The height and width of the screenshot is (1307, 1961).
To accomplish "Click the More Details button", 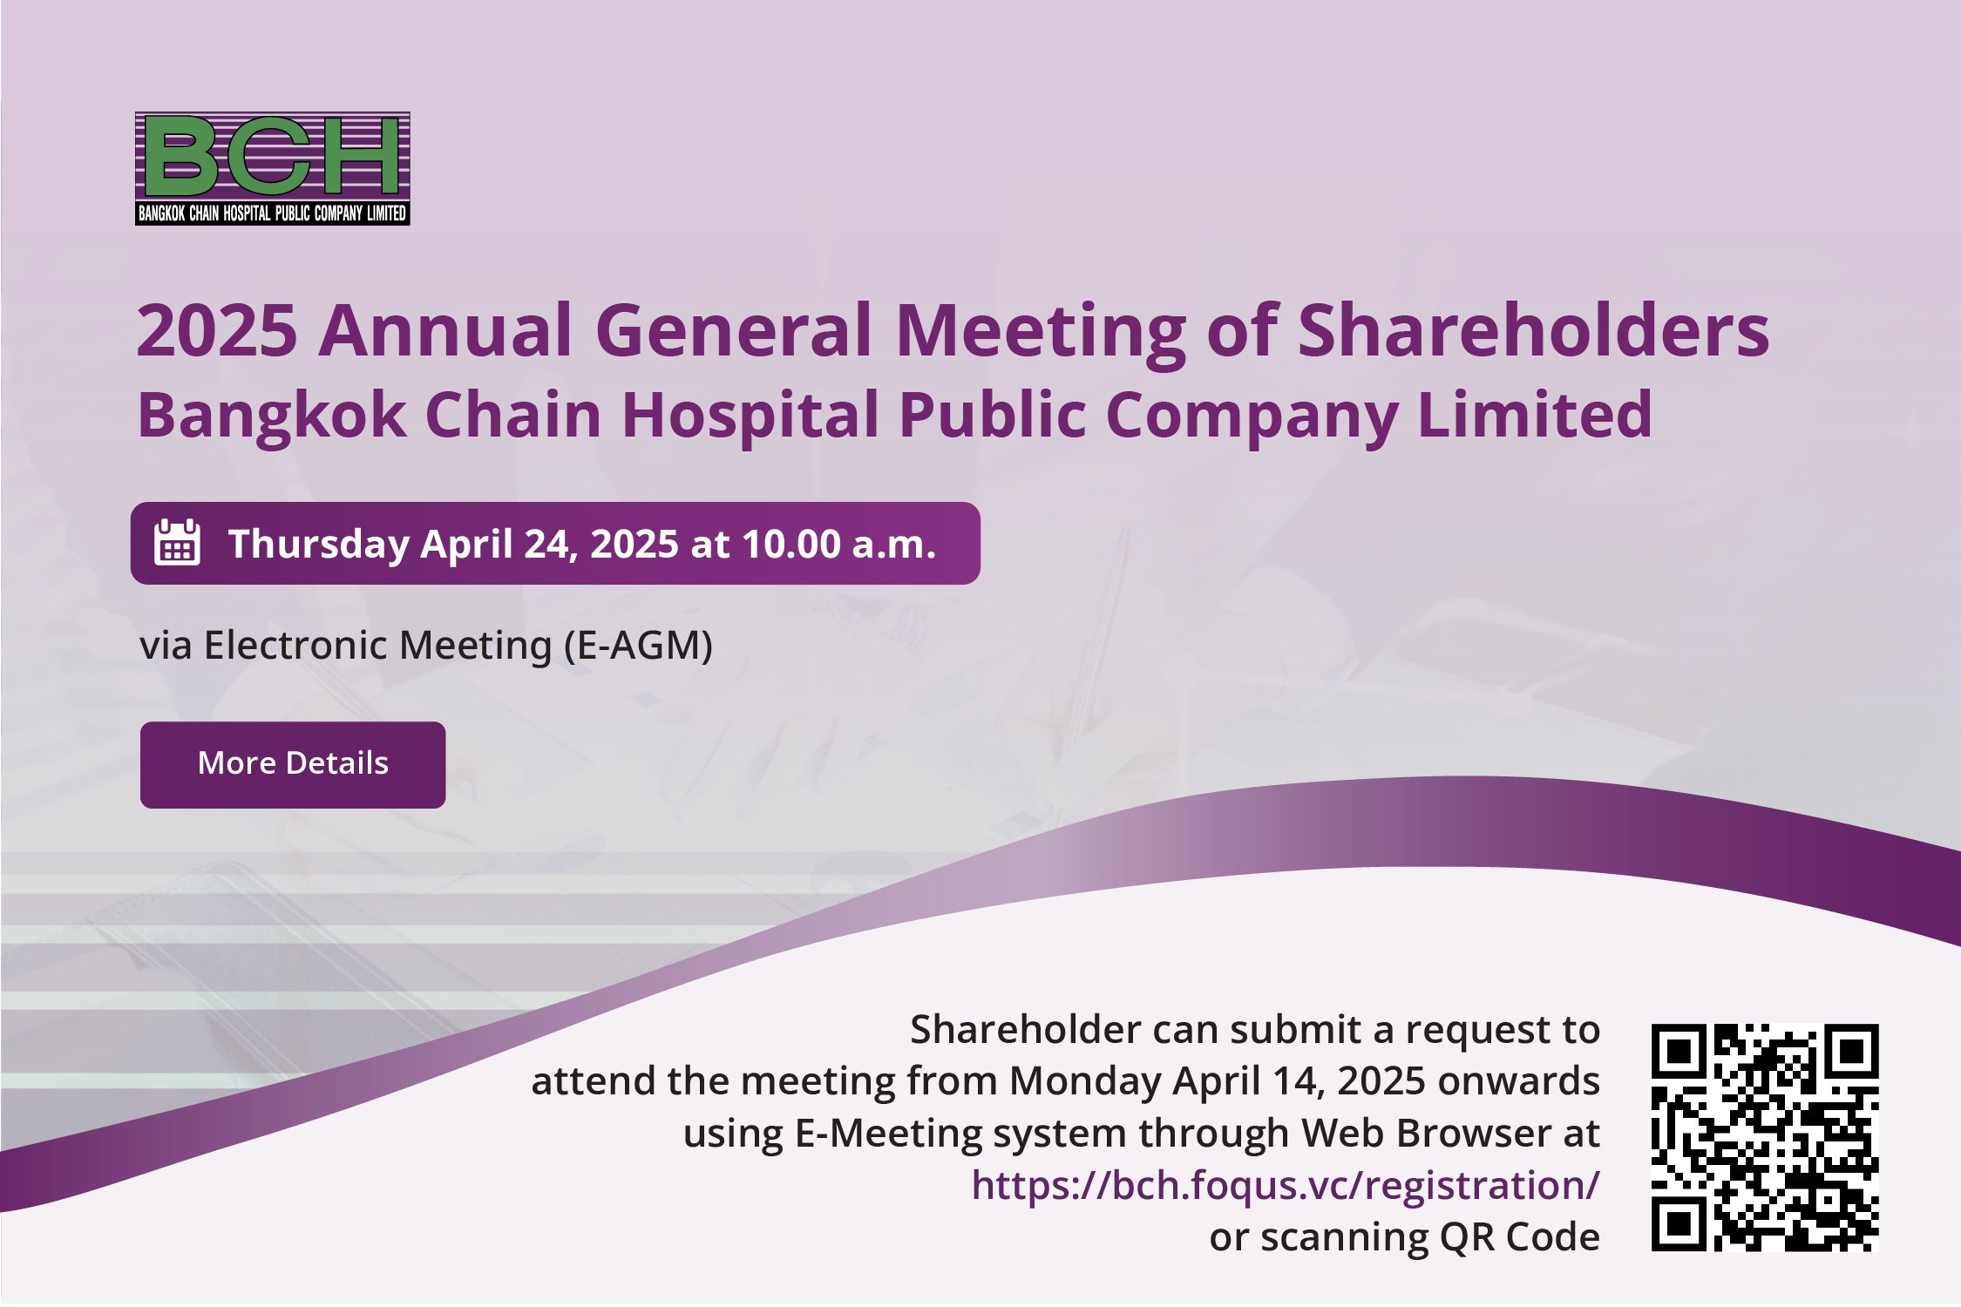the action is click(293, 764).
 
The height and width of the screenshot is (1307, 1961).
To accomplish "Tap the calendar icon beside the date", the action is click(177, 543).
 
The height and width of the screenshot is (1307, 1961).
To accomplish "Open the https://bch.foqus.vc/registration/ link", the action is click(1286, 1185).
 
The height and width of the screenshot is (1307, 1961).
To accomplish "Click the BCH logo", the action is click(273, 168).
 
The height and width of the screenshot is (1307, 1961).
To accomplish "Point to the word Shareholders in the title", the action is click(1534, 330).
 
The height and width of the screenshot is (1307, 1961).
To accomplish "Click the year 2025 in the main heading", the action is click(218, 331).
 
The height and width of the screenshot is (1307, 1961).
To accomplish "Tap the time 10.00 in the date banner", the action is click(791, 544).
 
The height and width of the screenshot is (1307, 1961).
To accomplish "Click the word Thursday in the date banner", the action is click(319, 545).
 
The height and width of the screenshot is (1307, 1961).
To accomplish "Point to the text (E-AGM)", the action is click(639, 646).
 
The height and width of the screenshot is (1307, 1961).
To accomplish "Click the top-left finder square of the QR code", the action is click(1679, 1051).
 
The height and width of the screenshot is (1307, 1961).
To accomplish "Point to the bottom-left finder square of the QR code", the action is click(1679, 1224).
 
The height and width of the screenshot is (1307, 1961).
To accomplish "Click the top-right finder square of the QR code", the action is click(1852, 1051).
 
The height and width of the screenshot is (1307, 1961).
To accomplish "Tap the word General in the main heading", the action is click(734, 331).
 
